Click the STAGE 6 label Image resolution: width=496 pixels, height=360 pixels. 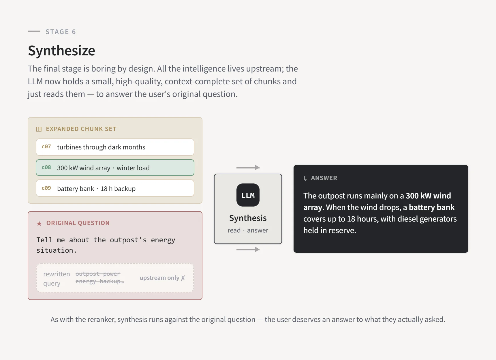(x=61, y=32)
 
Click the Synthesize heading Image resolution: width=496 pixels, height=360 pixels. (x=61, y=51)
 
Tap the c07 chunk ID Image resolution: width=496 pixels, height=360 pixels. (x=46, y=147)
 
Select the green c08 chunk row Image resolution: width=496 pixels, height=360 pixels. (x=115, y=168)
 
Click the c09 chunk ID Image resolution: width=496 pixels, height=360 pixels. (x=46, y=188)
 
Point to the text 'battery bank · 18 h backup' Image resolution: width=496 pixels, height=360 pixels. (x=96, y=189)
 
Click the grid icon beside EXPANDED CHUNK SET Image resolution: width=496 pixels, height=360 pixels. (x=39, y=129)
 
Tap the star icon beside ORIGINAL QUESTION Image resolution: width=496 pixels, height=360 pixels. (x=39, y=223)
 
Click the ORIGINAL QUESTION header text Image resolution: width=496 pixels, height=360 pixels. (x=78, y=223)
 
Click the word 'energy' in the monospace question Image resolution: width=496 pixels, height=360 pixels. (x=163, y=240)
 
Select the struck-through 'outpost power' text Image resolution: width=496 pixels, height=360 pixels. (x=98, y=274)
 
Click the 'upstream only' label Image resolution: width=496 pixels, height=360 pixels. (x=159, y=278)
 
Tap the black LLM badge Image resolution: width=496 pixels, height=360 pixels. (x=248, y=195)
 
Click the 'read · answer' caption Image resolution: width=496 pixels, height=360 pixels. (x=248, y=230)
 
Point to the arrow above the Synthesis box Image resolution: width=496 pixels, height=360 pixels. (x=248, y=168)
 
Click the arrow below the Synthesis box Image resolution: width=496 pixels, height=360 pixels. (x=248, y=250)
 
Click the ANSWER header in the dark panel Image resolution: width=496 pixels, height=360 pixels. (x=324, y=178)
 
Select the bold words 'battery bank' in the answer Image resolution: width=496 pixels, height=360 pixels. (x=432, y=207)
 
